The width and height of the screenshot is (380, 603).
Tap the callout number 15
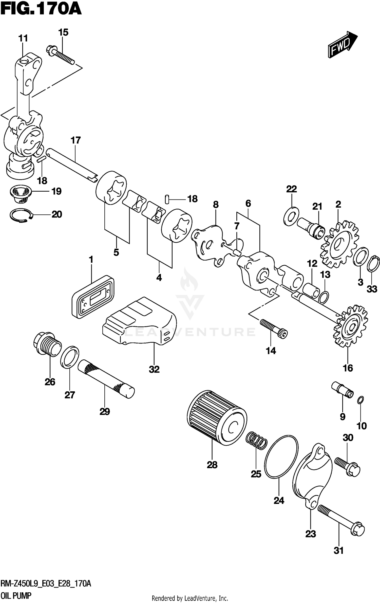click(63, 32)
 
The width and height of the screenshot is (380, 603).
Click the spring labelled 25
click(256, 441)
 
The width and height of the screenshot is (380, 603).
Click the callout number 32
click(154, 369)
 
